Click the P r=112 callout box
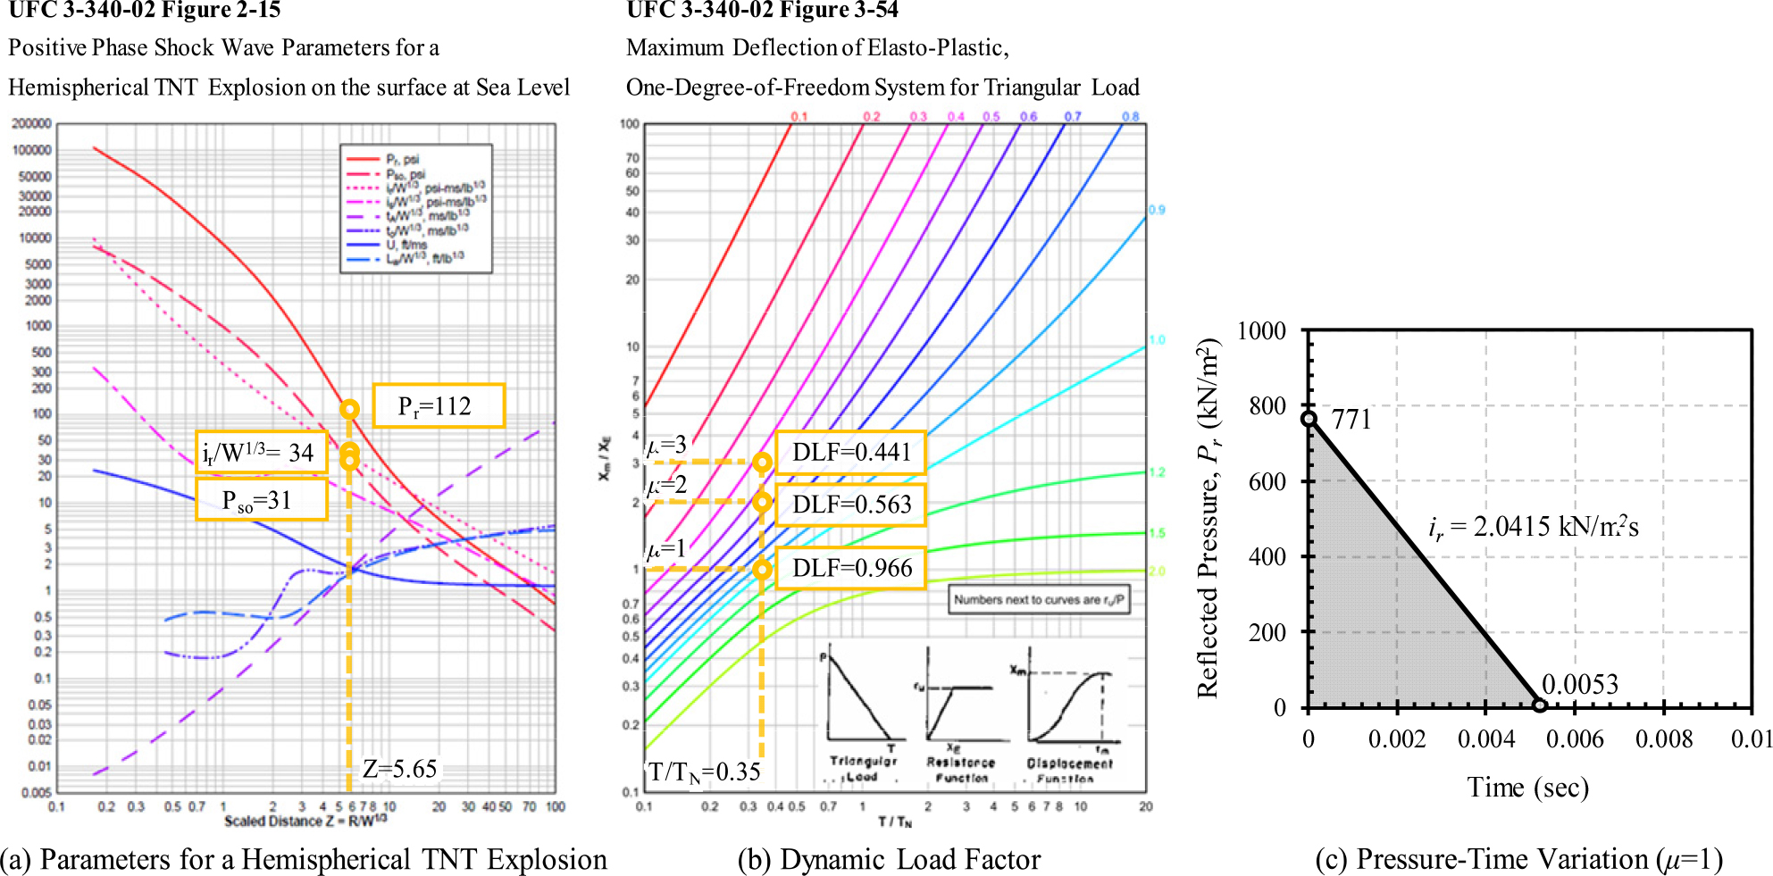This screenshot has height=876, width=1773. coord(438,406)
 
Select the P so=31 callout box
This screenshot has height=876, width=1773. coord(261,500)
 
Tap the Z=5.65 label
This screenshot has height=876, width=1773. coord(399,769)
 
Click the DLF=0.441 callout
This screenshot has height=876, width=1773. coord(850,453)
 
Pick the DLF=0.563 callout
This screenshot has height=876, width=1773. coord(850,505)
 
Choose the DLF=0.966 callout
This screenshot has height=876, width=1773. coord(850,569)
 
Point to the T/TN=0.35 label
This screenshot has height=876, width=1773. coord(704,772)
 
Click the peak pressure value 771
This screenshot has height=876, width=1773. coord(1351,420)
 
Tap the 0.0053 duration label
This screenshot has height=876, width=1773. coord(1579,685)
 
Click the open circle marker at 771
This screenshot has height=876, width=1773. coord(1309,419)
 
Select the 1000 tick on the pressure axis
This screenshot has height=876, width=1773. coord(1261,331)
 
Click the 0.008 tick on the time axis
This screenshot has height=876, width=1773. coord(1663,739)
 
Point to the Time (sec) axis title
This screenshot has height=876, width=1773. coord(1527,788)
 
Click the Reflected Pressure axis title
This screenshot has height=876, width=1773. coord(1208,518)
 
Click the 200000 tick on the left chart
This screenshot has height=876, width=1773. coord(31,124)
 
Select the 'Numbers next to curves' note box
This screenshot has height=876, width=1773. coord(1038,600)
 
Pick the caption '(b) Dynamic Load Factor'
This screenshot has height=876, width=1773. coord(889,859)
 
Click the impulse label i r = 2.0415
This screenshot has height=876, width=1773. coord(1533,527)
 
